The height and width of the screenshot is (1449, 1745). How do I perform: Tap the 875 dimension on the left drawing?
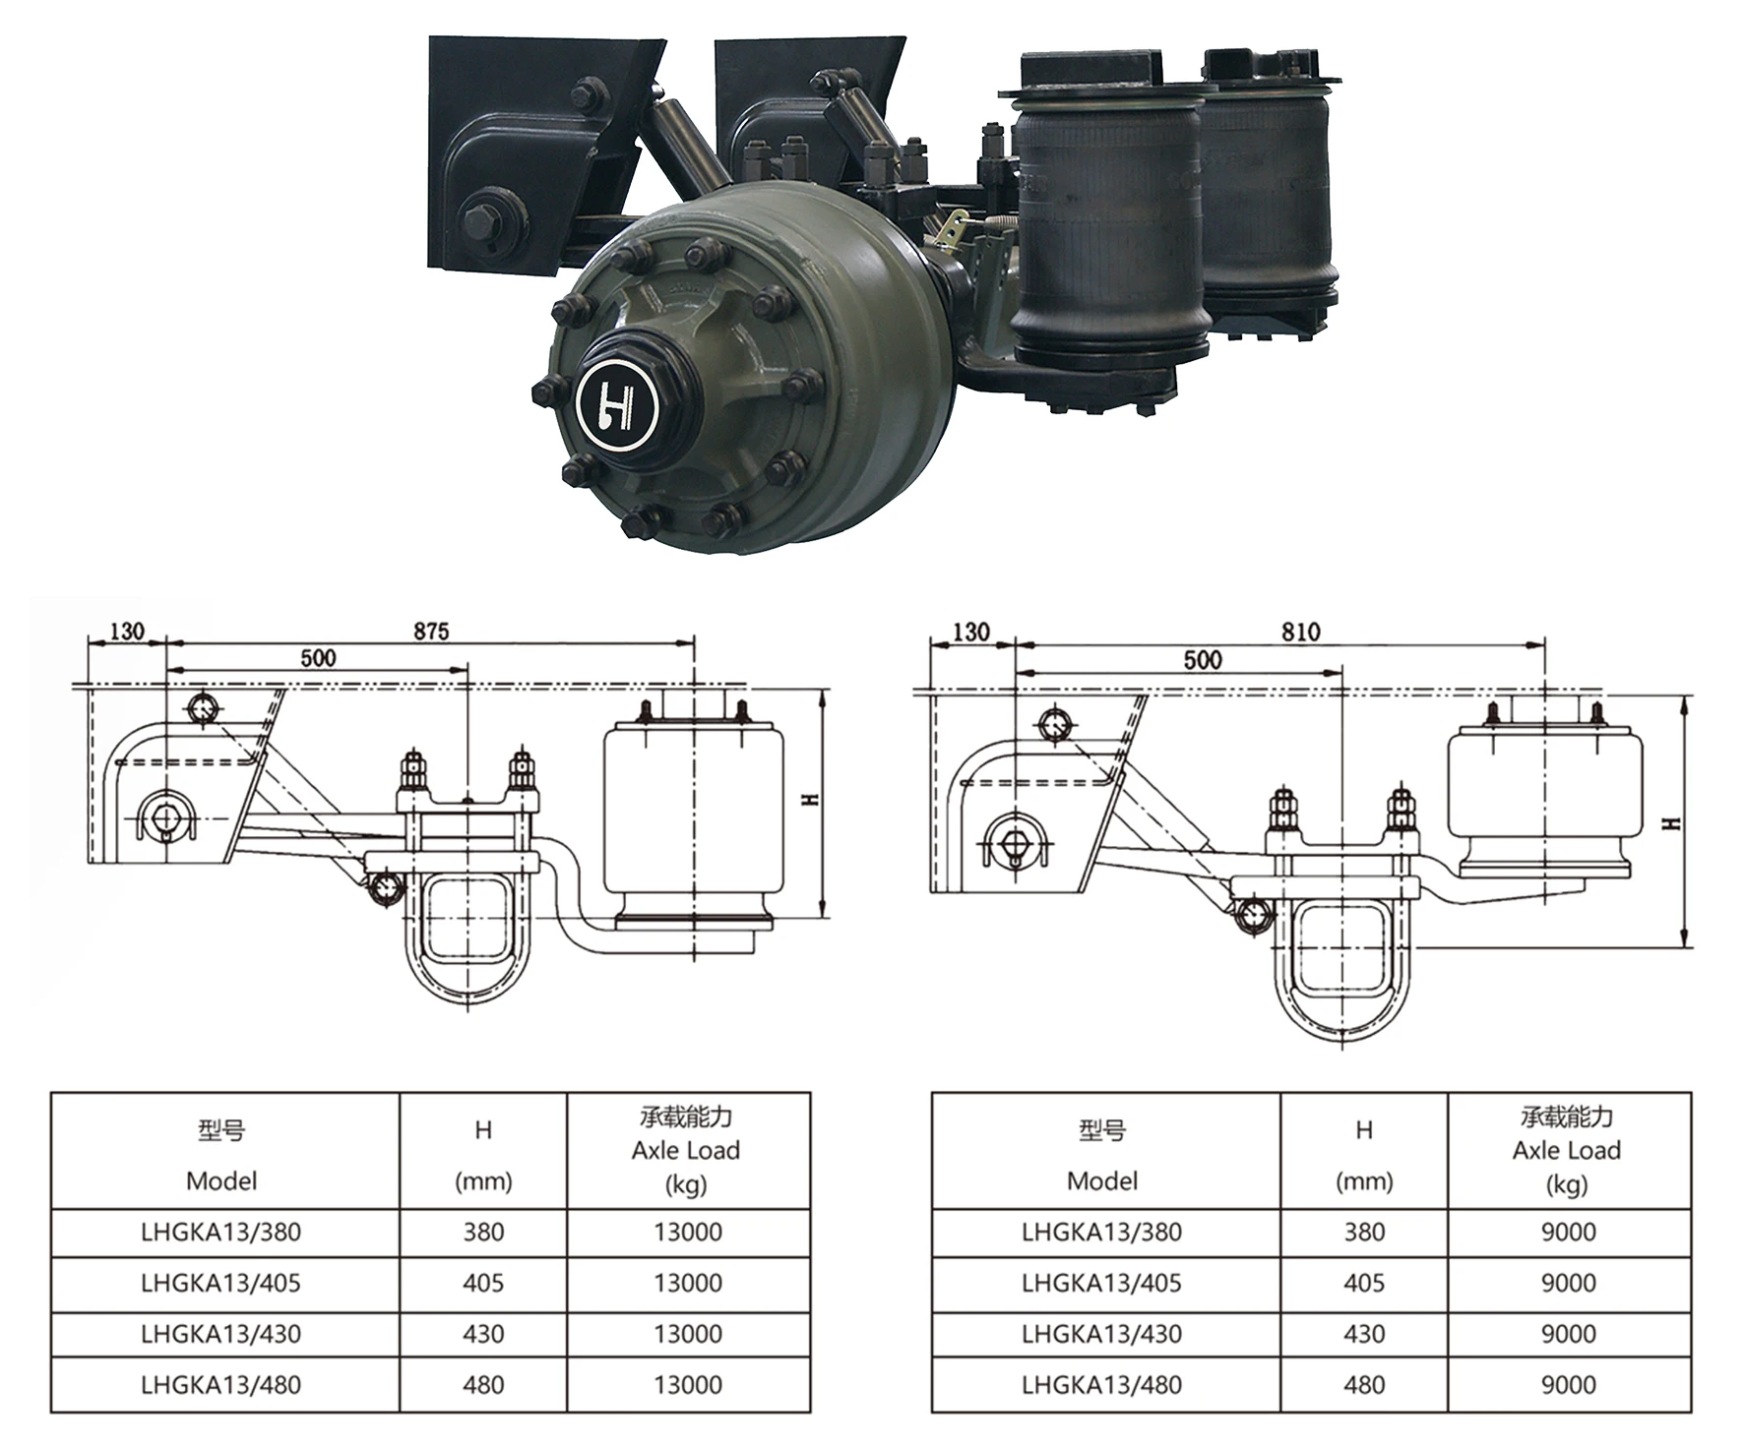(431, 631)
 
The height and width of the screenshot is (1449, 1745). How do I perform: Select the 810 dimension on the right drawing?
(1300, 632)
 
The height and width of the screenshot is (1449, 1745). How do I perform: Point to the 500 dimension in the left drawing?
(318, 657)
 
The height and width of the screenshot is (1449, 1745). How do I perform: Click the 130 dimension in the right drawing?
(971, 632)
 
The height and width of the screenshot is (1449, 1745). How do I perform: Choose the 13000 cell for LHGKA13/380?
(688, 1232)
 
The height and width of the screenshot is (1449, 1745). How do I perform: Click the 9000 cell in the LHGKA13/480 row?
(1568, 1384)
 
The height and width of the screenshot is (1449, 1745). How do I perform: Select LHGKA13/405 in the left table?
(220, 1283)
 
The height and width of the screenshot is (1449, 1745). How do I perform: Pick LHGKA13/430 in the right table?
(1101, 1334)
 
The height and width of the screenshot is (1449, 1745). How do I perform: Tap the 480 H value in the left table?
(483, 1384)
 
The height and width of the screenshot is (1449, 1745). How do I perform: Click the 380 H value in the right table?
(1364, 1232)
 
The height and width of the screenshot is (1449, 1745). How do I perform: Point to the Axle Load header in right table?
(1567, 1150)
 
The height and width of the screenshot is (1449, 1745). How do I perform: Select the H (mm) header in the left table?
(483, 1156)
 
